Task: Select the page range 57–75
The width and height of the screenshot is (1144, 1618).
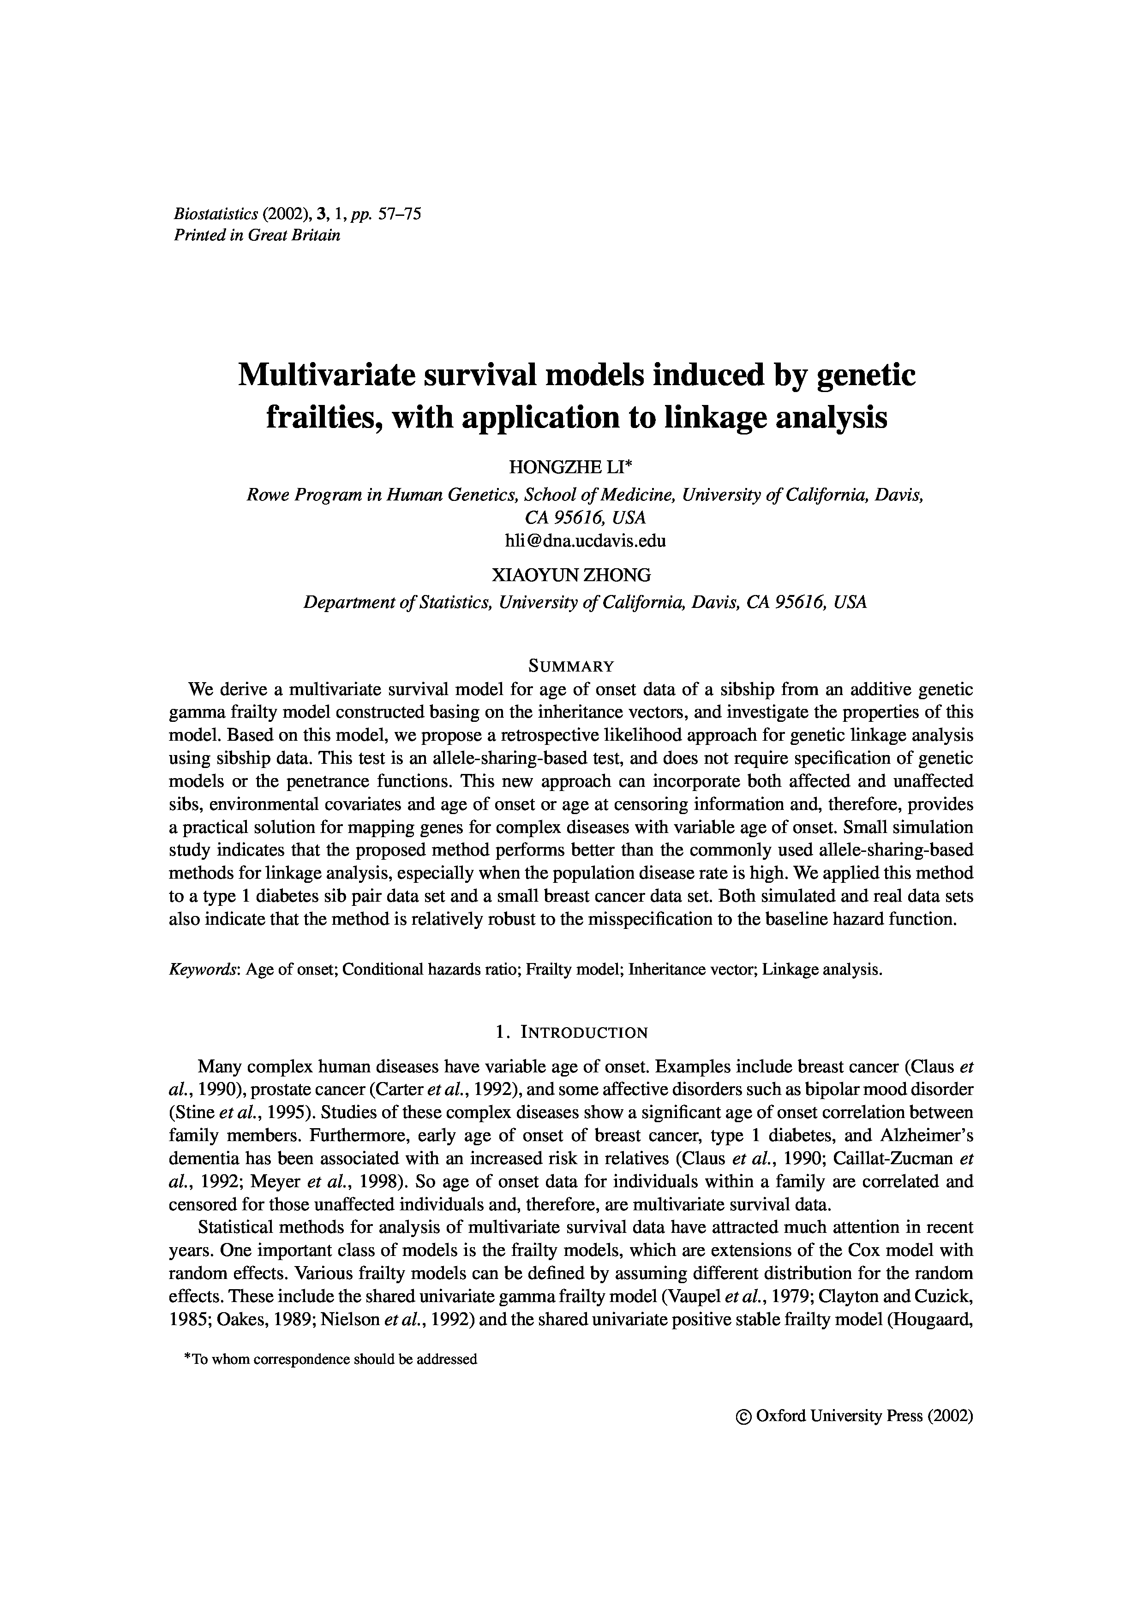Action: tap(400, 214)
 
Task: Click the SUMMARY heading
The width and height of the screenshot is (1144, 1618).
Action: tap(571, 666)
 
